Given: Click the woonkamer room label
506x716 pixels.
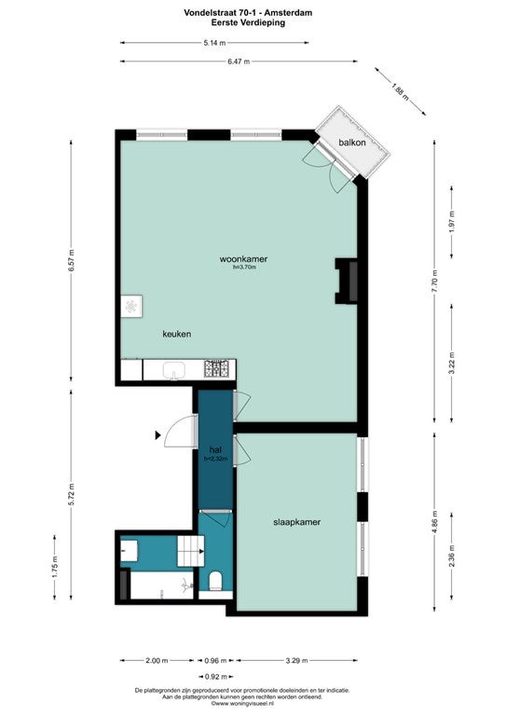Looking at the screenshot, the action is (x=243, y=259).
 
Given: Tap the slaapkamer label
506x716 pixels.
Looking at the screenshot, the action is (x=296, y=522).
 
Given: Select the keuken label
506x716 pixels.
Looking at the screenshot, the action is (x=176, y=334).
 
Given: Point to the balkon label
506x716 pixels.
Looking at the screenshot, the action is (x=352, y=143).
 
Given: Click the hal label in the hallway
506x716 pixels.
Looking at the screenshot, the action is (x=215, y=449).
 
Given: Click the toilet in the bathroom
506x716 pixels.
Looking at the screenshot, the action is (x=215, y=582).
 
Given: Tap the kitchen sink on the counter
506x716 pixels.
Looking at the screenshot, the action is (x=173, y=370).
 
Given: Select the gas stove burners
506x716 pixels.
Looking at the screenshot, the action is (x=216, y=369).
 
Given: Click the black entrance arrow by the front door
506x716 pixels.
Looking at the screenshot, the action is (x=157, y=435).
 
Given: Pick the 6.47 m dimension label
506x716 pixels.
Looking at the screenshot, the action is (x=239, y=62).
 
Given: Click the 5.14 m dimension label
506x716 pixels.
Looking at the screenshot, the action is (x=214, y=43).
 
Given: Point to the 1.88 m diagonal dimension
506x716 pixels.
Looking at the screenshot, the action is (x=400, y=91).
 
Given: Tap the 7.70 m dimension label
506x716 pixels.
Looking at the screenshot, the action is (x=434, y=281).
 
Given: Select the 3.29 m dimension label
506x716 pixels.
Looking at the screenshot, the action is (x=296, y=660).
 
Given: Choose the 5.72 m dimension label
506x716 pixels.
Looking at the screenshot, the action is (x=71, y=494).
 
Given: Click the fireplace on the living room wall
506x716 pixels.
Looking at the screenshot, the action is (x=347, y=281).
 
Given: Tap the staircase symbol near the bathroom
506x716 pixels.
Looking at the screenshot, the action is (x=191, y=551).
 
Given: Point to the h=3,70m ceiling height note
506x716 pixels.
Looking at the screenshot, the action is (x=244, y=268).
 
